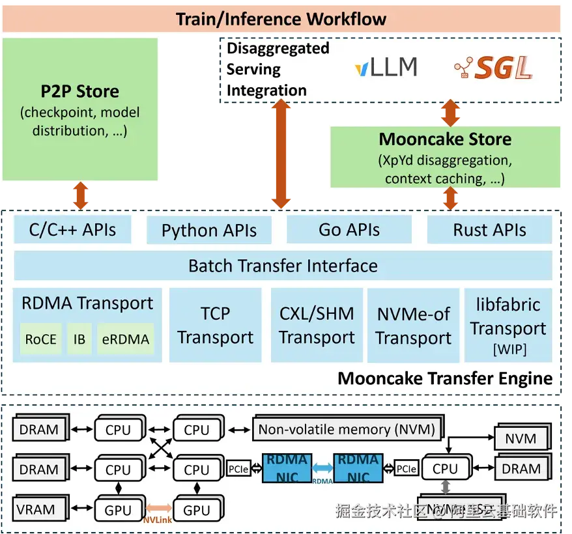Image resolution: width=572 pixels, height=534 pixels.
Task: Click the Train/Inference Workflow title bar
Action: (281, 19)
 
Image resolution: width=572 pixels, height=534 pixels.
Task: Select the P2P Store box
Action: (81, 109)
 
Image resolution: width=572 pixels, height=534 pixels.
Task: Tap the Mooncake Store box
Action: (445, 157)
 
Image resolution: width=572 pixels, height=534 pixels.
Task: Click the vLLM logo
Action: (386, 68)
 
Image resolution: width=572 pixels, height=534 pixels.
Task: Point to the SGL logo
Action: (493, 68)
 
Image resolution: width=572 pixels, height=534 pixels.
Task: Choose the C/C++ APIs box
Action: (72, 229)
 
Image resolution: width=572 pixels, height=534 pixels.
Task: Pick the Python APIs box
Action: (208, 231)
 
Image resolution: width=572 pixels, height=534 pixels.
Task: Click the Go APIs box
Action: (349, 230)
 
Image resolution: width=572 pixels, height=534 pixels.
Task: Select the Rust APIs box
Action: (489, 230)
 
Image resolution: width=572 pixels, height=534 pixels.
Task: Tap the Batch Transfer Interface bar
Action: (283, 266)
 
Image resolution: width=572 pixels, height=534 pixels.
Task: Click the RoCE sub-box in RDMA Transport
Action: (40, 339)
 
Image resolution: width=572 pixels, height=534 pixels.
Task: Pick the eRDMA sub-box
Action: (126, 339)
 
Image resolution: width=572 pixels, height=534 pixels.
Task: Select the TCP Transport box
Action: (215, 325)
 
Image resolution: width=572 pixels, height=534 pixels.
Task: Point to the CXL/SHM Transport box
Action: (317, 325)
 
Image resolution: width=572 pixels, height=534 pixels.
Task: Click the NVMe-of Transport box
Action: (413, 326)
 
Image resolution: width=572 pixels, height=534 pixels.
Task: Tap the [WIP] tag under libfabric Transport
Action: (508, 350)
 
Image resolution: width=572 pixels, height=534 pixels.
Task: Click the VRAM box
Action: (38, 509)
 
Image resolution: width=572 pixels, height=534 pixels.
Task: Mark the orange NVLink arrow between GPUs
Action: (158, 507)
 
